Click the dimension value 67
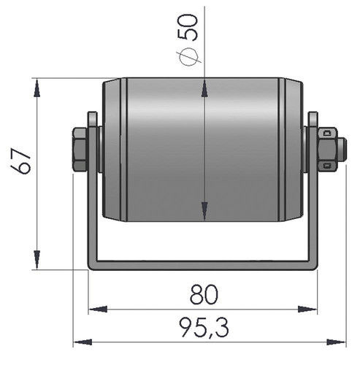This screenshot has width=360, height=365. click(21, 162)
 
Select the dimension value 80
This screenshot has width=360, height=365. click(204, 294)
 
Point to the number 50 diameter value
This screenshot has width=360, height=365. click(187, 27)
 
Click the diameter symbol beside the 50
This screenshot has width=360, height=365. click(188, 56)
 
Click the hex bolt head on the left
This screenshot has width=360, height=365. click(80, 149)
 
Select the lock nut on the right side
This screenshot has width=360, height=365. click(328, 149)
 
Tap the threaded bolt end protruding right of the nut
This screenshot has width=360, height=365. click(342, 150)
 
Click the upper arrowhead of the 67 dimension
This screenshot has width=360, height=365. click(37, 88)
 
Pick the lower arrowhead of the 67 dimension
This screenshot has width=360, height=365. click(37, 259)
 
